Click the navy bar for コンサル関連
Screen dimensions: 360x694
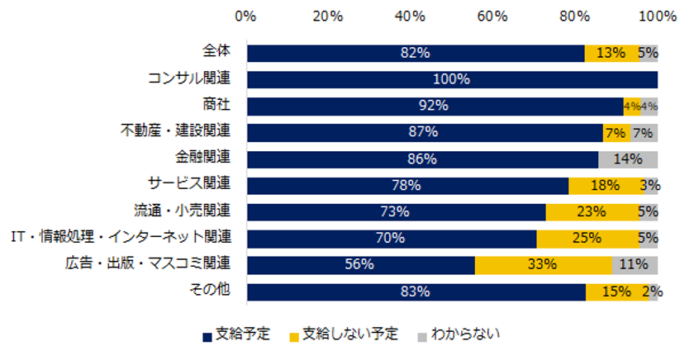click(451, 80)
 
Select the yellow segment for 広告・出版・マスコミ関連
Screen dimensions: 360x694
click(544, 265)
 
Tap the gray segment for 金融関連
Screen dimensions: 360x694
click(628, 159)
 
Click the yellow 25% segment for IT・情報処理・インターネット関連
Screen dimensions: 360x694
click(587, 239)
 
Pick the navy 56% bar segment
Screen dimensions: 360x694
click(360, 265)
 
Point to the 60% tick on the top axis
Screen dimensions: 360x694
click(492, 16)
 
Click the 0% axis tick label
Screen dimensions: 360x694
click(245, 16)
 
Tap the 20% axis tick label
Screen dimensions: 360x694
click(328, 16)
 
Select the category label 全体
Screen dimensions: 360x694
click(216, 52)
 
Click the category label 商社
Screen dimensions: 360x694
click(216, 105)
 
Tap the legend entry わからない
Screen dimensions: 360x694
click(463, 334)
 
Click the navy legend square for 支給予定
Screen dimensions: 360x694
click(207, 335)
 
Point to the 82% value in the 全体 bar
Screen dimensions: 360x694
click(415, 54)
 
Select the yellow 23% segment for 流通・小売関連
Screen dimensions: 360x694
click(592, 212)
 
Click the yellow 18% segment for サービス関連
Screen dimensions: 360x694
click(605, 186)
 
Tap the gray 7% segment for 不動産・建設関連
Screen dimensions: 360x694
click(644, 133)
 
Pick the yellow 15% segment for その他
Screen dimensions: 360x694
click(617, 291)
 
